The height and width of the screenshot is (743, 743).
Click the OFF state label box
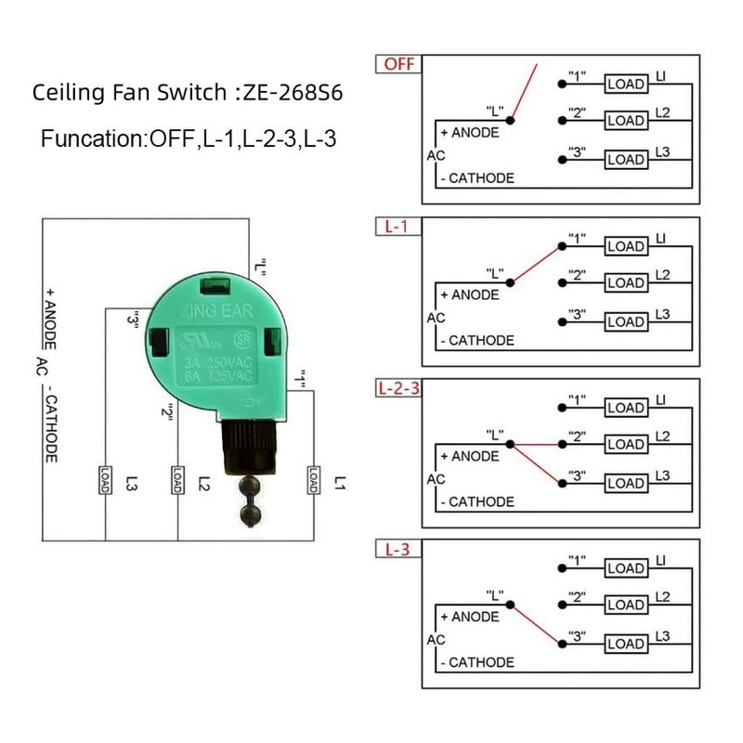point(397,65)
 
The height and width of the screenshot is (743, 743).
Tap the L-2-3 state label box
point(398,388)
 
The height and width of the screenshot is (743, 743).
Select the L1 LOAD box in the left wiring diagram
point(313,479)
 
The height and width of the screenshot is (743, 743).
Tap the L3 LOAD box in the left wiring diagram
point(105,479)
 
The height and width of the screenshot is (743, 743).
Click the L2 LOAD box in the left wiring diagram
point(176,479)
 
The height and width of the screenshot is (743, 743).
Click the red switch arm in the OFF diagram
point(524,94)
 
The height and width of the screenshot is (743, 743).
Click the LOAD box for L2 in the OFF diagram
point(625,121)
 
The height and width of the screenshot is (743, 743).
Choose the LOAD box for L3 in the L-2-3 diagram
point(625,483)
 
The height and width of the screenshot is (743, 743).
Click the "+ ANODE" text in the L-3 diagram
point(469,617)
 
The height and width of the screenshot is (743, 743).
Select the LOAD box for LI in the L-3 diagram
point(625,568)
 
